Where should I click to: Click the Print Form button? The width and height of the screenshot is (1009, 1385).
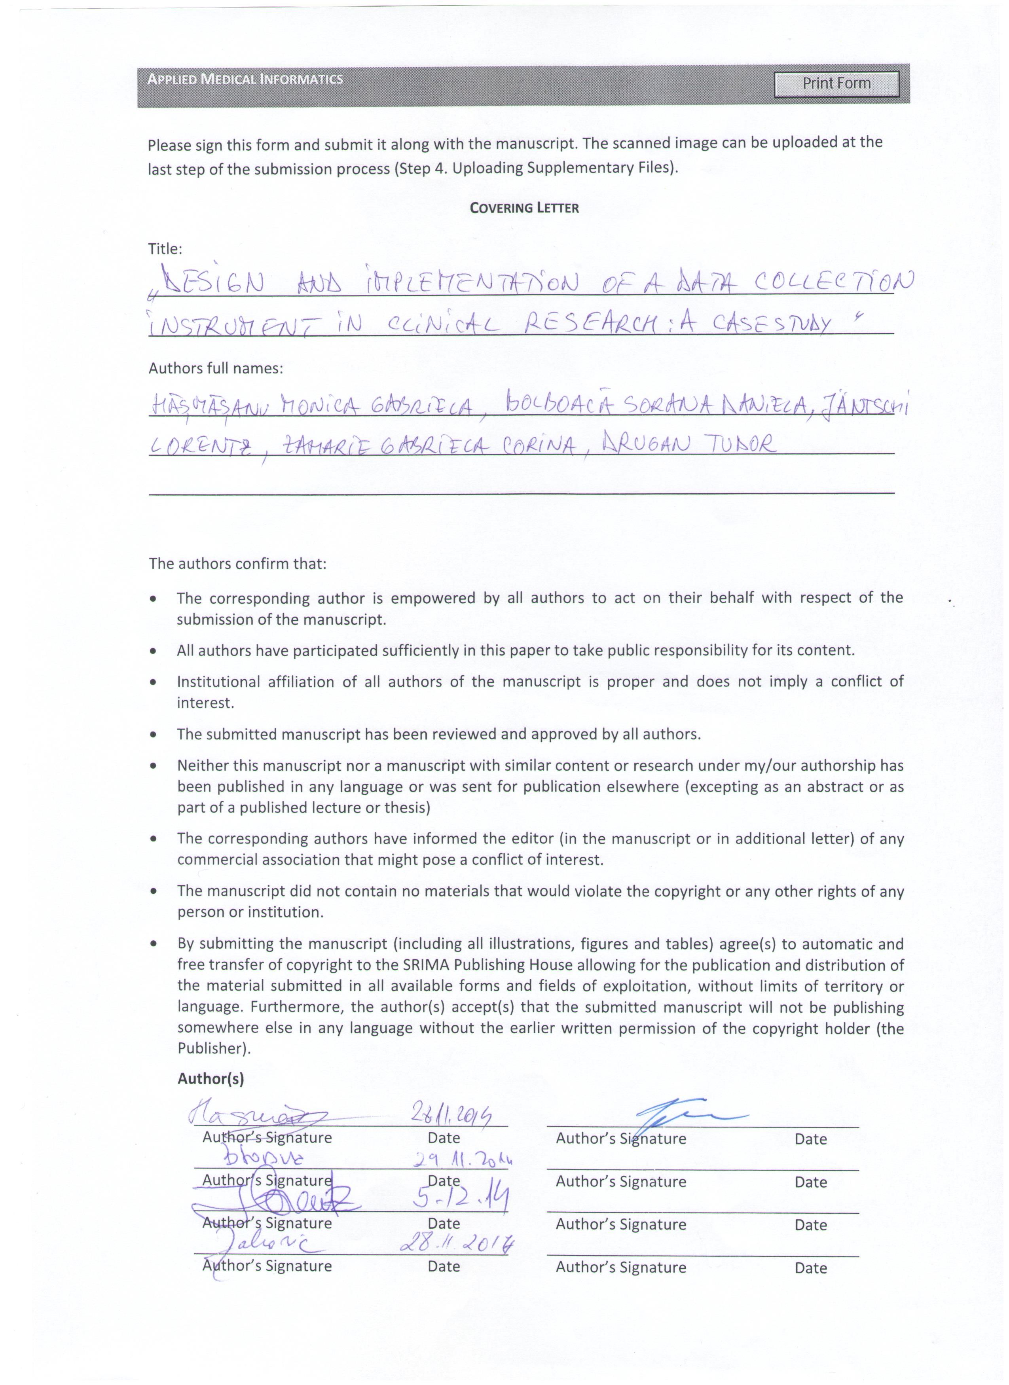coord(836,83)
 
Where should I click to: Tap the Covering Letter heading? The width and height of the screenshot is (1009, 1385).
coord(524,208)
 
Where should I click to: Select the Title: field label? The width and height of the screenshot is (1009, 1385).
coord(165,249)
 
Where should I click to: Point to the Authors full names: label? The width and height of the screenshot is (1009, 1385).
coord(216,369)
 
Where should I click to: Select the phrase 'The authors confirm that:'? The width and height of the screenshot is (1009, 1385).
coord(237,564)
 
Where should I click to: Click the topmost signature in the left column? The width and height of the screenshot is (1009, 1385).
coord(256,1115)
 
